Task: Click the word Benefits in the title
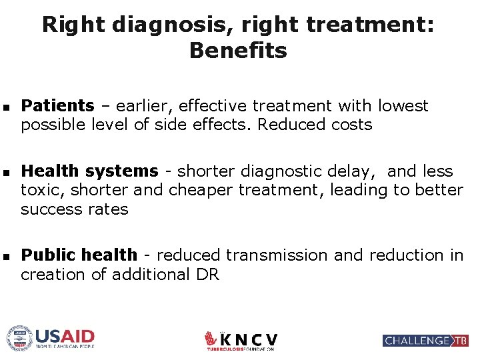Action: point(238,51)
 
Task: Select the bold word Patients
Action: point(57,106)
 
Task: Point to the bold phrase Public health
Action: point(79,255)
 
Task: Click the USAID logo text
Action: point(65,336)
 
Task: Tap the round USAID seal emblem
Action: point(19,338)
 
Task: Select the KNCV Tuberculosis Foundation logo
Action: point(241,341)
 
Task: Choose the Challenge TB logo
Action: point(425,341)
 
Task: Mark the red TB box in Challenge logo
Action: point(460,341)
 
